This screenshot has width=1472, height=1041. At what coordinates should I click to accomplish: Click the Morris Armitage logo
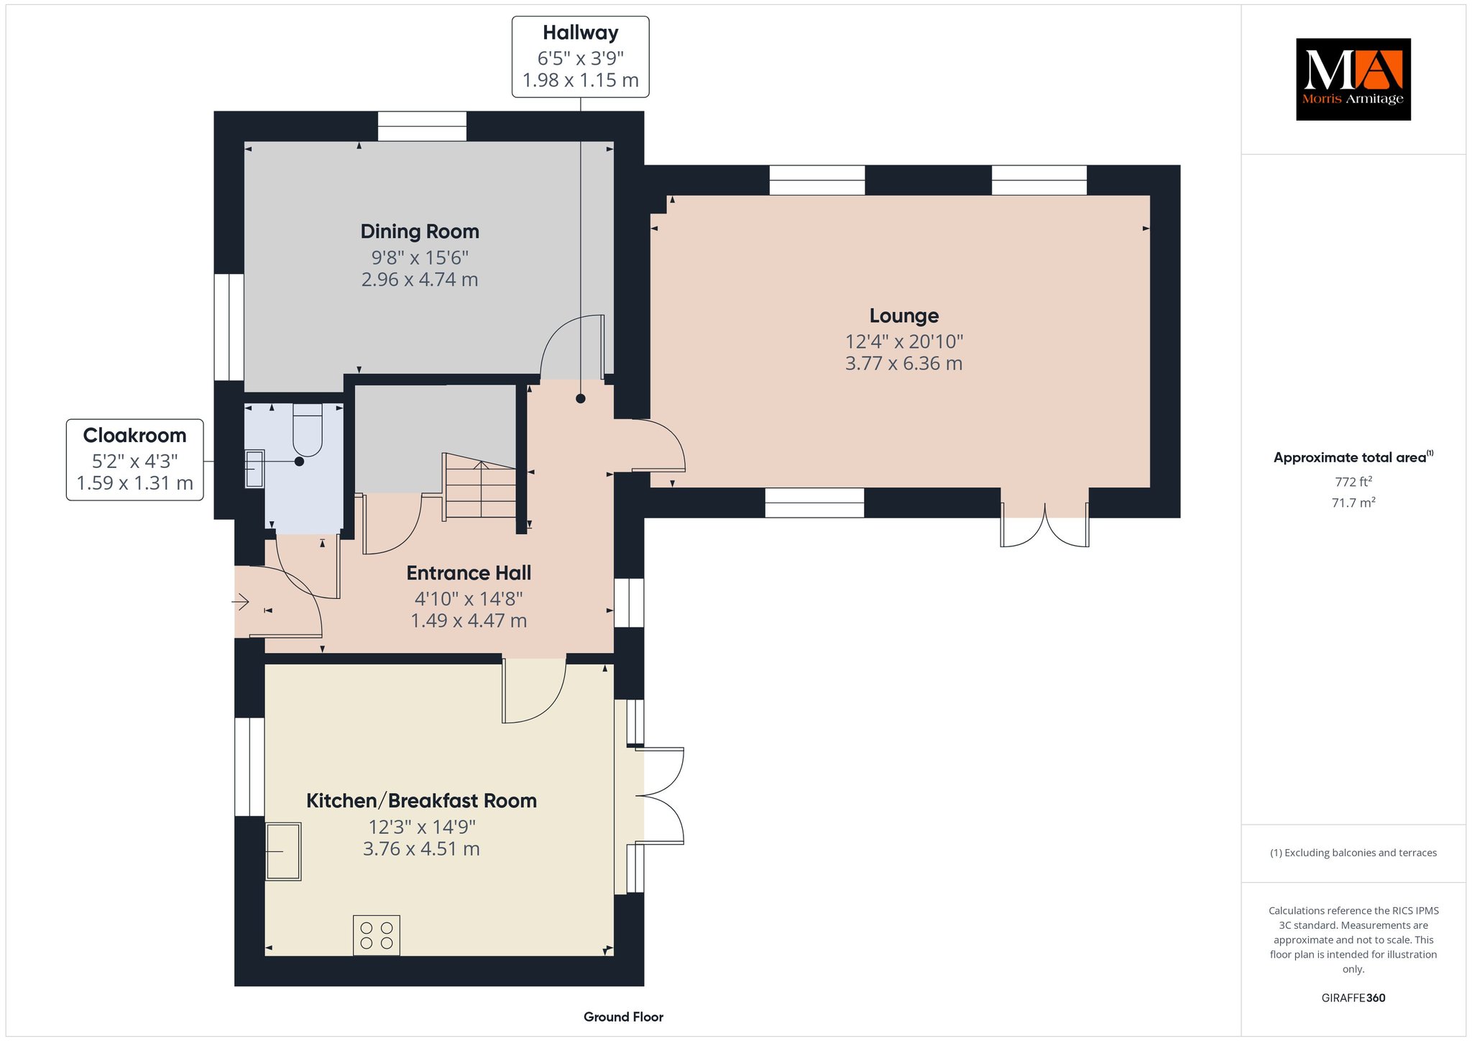point(1353,79)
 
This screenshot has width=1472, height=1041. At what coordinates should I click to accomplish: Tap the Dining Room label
point(420,231)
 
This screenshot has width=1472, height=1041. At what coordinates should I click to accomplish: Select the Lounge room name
point(904,316)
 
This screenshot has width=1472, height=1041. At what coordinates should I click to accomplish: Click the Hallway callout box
point(580,57)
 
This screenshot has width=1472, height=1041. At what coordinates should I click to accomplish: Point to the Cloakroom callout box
point(134,459)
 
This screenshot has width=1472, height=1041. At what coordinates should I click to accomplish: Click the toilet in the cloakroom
point(308,429)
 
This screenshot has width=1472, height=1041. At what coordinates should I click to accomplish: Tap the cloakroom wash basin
point(254,469)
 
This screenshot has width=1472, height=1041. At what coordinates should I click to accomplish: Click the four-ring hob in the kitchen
point(377,935)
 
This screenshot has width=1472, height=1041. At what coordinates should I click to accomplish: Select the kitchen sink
point(283,851)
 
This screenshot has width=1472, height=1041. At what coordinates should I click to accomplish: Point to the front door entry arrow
point(240,601)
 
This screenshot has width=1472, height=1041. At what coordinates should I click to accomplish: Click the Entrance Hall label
point(469,573)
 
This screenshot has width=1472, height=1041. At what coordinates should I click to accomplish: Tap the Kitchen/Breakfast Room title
point(421,801)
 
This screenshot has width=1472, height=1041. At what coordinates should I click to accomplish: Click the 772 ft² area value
point(1353,482)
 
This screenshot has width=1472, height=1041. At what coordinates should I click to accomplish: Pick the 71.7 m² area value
point(1353,503)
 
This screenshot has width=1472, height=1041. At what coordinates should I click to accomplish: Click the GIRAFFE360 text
point(1353,998)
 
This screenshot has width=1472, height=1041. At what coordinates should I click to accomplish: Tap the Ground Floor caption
point(623,1017)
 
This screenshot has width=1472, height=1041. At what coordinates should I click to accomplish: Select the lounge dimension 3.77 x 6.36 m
point(903,364)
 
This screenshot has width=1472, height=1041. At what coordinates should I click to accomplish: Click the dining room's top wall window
point(423,127)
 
